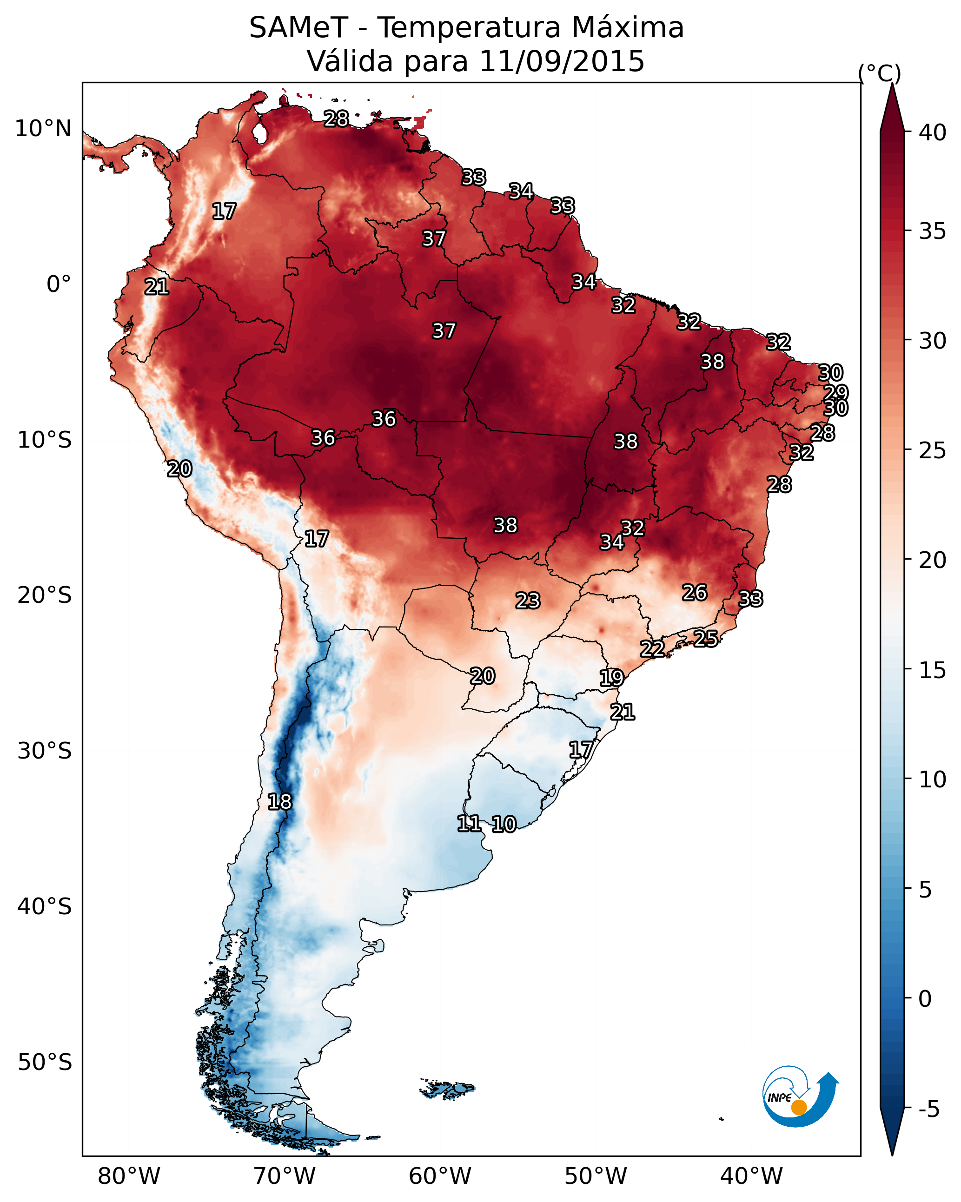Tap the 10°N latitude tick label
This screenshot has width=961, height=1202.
(x=43, y=129)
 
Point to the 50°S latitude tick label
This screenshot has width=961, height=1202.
(x=45, y=1062)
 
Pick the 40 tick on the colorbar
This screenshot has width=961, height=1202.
(x=933, y=132)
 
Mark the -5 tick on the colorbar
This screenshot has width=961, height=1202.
(x=928, y=1109)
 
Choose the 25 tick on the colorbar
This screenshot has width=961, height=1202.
(x=933, y=450)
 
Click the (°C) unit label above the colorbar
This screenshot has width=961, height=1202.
(x=879, y=73)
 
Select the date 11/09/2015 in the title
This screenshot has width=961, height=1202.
(x=562, y=61)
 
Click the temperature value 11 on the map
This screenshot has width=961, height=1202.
(x=469, y=824)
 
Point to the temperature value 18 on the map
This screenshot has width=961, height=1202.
(x=279, y=802)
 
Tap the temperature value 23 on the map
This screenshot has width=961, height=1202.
(x=528, y=601)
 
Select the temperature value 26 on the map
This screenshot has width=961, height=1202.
(x=695, y=593)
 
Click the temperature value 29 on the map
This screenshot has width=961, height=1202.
(x=836, y=392)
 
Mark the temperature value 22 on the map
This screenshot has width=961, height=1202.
(x=652, y=648)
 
